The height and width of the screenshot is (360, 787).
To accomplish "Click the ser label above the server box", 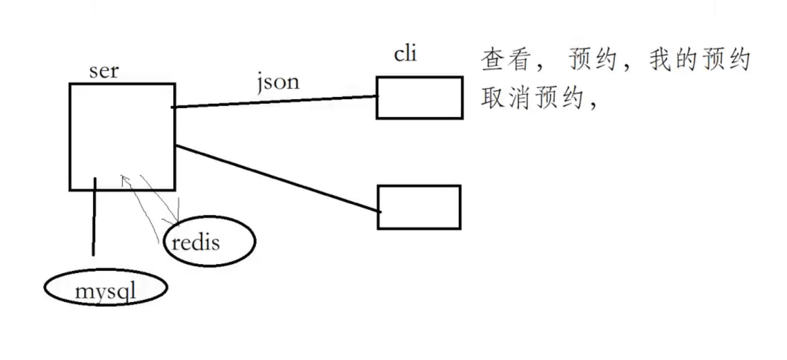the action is coord(104,71).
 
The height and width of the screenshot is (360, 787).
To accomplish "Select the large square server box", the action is coord(122,137).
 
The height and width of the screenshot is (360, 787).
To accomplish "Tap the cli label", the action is coord(405,54).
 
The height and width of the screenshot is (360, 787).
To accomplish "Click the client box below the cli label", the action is coord(419,98).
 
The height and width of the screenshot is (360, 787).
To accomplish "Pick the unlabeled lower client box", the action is coord(419,207).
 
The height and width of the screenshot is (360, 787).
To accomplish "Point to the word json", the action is coord(278,82).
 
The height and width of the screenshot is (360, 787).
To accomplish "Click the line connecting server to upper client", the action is coord(276,101).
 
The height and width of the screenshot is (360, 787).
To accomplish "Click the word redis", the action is coord(196,243).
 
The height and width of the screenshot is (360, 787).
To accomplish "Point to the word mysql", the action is coord(105,291).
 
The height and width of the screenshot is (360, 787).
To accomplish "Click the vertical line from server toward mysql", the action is coord(94,217).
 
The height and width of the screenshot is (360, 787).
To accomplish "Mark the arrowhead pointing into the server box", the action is coord(124,179).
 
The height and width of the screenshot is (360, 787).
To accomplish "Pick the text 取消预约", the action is coord(531,99).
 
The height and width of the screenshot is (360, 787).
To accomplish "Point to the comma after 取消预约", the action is coord(591,105).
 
